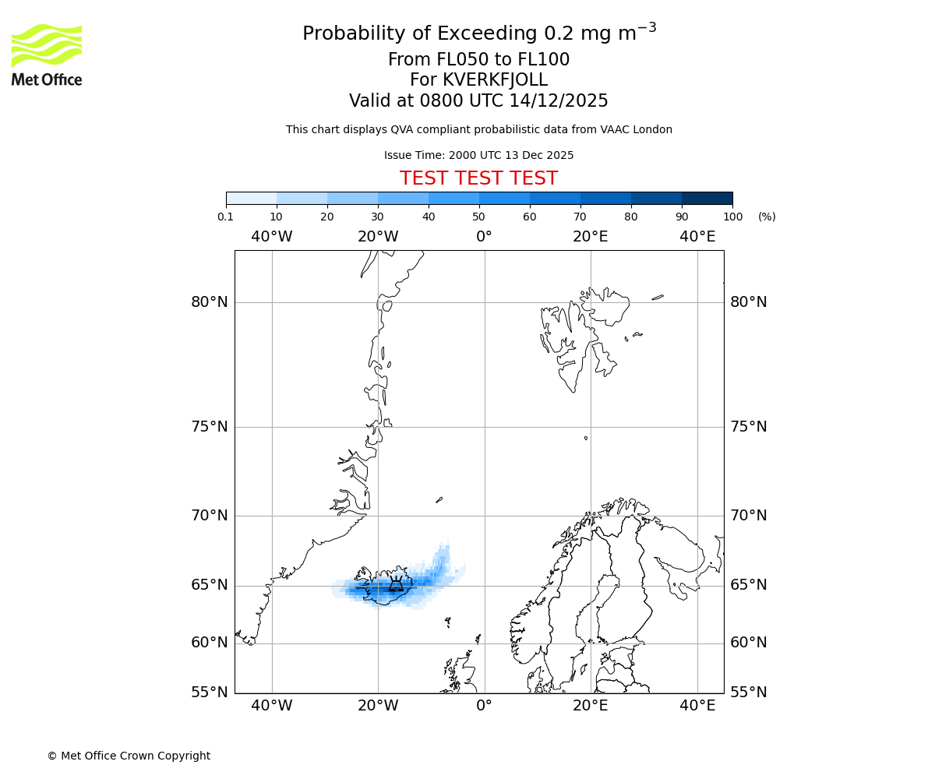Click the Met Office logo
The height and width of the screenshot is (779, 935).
pyautogui.click(x=47, y=55)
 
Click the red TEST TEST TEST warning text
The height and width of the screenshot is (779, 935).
pyautogui.click(x=478, y=178)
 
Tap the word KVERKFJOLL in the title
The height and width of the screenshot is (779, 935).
pyautogui.click(x=495, y=80)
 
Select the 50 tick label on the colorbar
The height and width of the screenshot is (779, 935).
pyautogui.click(x=479, y=217)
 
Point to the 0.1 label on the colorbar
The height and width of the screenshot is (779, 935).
pyautogui.click(x=226, y=217)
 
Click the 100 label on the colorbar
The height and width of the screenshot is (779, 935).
pyautogui.click(x=732, y=217)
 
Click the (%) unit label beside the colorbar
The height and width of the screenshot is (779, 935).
pyautogui.click(x=767, y=217)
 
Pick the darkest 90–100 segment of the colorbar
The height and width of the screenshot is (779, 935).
pyautogui.click(x=707, y=198)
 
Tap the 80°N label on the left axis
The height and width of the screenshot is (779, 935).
pyautogui.click(x=210, y=302)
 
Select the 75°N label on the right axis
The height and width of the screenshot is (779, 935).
pyautogui.click(x=748, y=427)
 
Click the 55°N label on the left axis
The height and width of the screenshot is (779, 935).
pyautogui.click(x=210, y=693)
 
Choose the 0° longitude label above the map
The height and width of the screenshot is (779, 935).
pyautogui.click(x=484, y=237)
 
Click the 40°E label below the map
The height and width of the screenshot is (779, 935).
pyautogui.click(x=697, y=706)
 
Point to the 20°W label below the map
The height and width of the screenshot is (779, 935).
pyautogui.click(x=378, y=706)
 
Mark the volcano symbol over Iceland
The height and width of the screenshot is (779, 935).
pyautogui.click(x=397, y=585)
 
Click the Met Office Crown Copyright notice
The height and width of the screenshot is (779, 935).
pyautogui.click(x=129, y=756)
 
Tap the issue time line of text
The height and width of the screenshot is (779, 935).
pyautogui.click(x=478, y=155)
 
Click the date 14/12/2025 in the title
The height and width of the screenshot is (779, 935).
pyautogui.click(x=559, y=101)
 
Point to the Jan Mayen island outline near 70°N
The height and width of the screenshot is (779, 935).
pyautogui.click(x=439, y=499)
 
